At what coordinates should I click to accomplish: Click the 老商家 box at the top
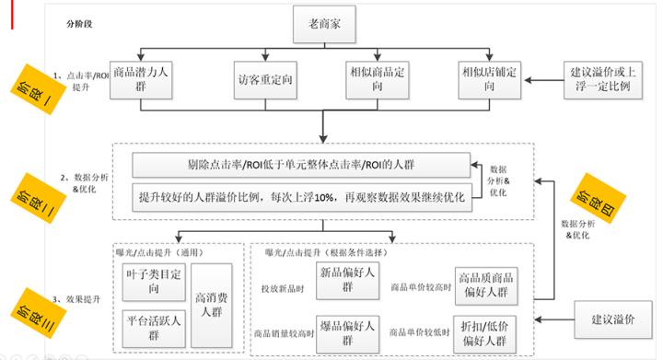click(x=325, y=26)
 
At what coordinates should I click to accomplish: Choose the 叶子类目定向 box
click(x=153, y=280)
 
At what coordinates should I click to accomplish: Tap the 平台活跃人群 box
click(x=153, y=326)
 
